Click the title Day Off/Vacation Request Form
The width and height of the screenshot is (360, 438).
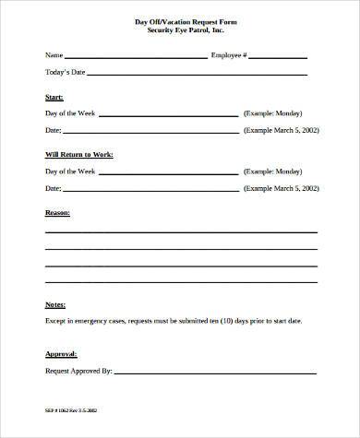click(x=179, y=20)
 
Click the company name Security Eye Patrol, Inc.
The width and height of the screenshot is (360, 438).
click(x=179, y=30)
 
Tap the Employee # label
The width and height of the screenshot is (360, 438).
click(x=228, y=55)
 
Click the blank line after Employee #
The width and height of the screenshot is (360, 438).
click(x=279, y=57)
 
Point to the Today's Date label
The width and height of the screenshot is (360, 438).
click(x=64, y=72)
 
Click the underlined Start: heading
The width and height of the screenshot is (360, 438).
click(x=54, y=96)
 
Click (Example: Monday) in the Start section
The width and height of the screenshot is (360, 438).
click(x=274, y=113)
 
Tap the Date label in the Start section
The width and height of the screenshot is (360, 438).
click(x=54, y=130)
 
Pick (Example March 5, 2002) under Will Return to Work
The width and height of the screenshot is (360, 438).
click(x=282, y=188)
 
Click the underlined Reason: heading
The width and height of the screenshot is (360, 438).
click(x=57, y=212)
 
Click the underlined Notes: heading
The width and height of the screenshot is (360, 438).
click(x=55, y=303)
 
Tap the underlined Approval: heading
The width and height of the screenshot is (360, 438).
click(x=61, y=353)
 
